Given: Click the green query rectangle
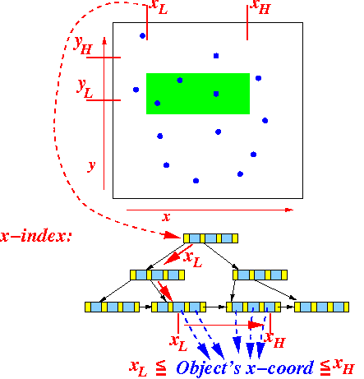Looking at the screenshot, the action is pyautogui.click(x=198, y=94).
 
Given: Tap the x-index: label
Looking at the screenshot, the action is pyautogui.click(x=36, y=236).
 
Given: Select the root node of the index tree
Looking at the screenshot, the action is pyautogui.click(x=210, y=238).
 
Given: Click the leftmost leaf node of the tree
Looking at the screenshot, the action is pyautogui.click(x=112, y=307).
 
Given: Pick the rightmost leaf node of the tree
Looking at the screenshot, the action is pyautogui.click(x=321, y=307).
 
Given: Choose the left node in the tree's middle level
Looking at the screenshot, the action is pyautogui.click(x=157, y=275).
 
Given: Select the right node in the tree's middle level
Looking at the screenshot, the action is pyautogui.click(x=260, y=275).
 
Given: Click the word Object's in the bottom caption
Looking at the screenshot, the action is pyautogui.click(x=208, y=368).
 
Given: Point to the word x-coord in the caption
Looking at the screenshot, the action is pyautogui.click(x=279, y=368).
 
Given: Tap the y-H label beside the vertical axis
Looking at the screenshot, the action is pyautogui.click(x=83, y=45).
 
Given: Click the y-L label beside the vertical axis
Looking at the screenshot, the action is pyautogui.click(x=85, y=88).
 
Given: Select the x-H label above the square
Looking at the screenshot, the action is pyautogui.click(x=260, y=7).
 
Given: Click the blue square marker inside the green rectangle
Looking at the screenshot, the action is pyautogui.click(x=216, y=94).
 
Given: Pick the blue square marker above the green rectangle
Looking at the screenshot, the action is pyautogui.click(x=216, y=56).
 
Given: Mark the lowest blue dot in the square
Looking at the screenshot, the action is pyautogui.click(x=196, y=181).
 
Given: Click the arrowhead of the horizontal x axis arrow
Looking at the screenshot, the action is pyautogui.click(x=289, y=210).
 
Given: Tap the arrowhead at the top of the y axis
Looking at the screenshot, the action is pyautogui.click(x=104, y=40).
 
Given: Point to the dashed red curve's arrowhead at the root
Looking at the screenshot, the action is pyautogui.click(x=172, y=235).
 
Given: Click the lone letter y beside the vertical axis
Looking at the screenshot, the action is pyautogui.click(x=91, y=166).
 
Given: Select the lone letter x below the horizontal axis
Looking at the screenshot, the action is pyautogui.click(x=166, y=217).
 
